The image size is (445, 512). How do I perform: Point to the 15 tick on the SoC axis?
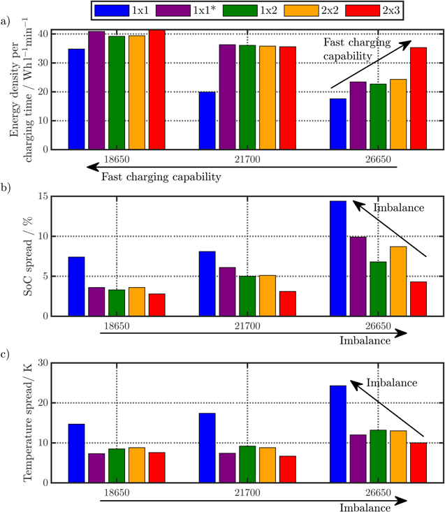(43, 197)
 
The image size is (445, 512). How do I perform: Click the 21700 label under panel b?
(238, 327)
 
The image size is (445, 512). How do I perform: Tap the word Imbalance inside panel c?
(392, 383)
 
